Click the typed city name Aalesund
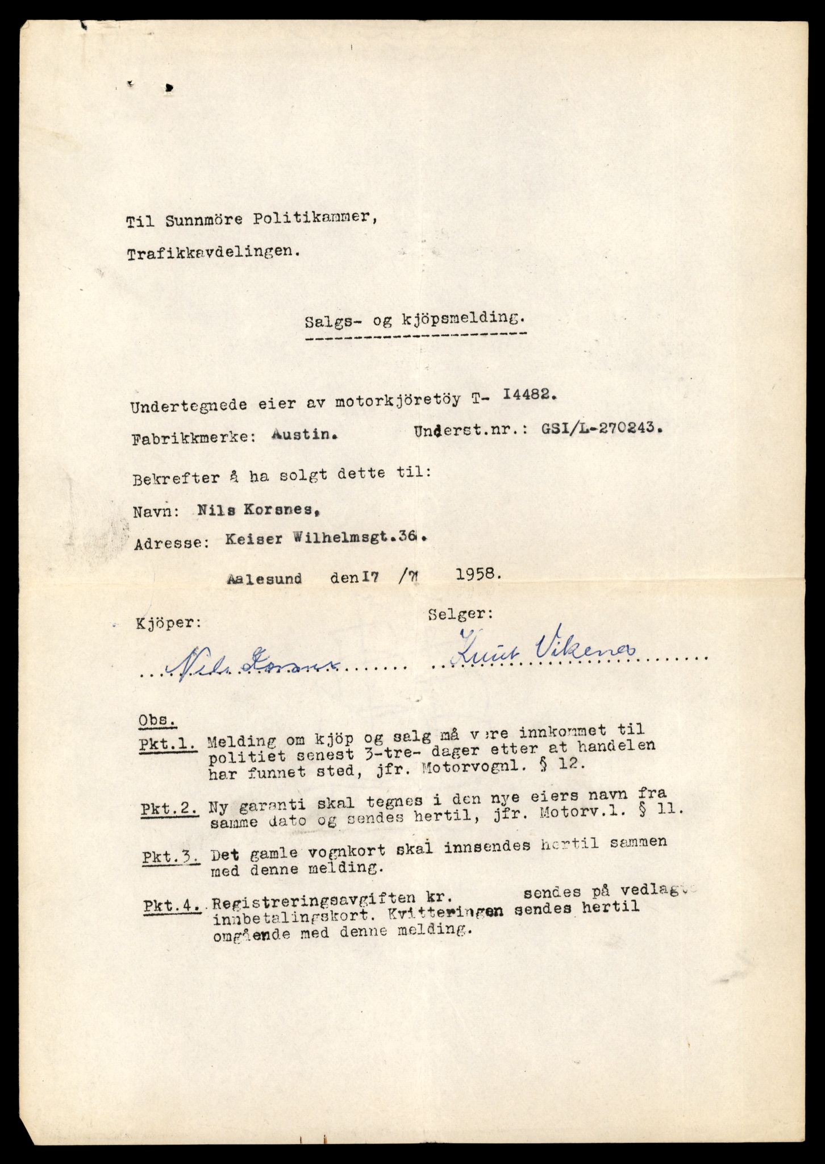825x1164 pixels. (265, 579)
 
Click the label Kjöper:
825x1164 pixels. (168, 623)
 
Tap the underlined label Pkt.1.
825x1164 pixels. (169, 744)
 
